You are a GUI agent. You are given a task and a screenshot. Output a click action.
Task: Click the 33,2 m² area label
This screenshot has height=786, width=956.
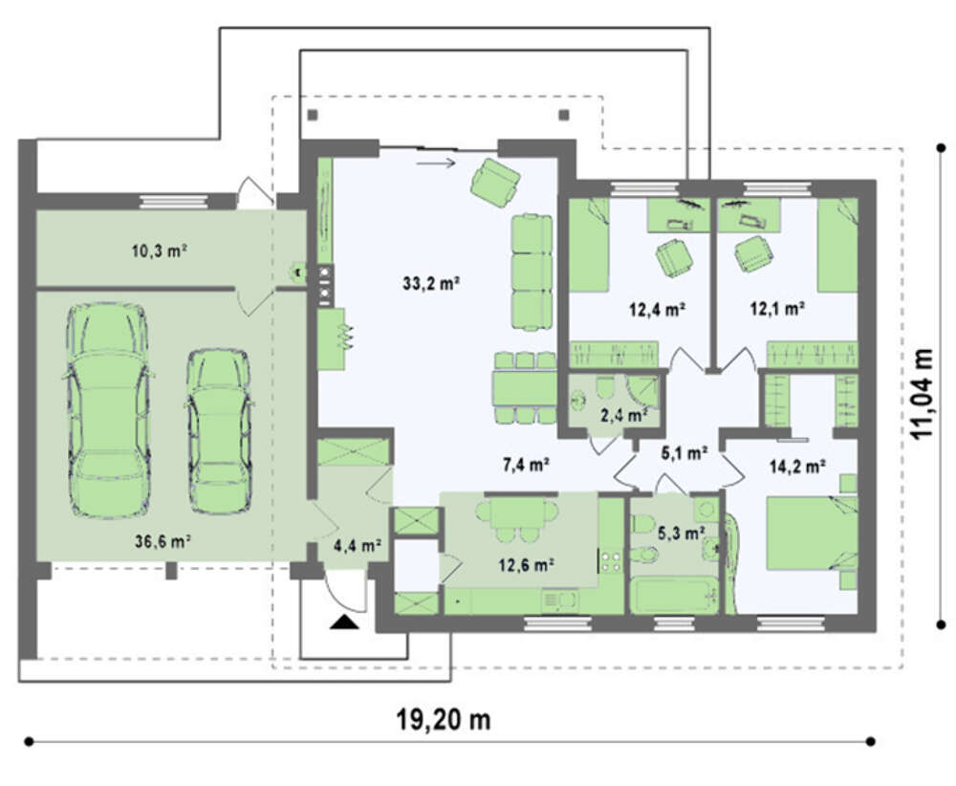pyautogui.click(x=430, y=283)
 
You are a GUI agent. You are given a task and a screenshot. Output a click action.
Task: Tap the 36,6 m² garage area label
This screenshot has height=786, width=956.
pyautogui.click(x=163, y=541)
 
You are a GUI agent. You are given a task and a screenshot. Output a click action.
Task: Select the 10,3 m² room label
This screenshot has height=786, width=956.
pyautogui.click(x=159, y=250)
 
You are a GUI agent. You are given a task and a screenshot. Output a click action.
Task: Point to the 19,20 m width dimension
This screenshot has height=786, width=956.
pyautogui.click(x=444, y=720)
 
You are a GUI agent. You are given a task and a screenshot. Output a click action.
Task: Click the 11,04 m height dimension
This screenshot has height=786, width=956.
pyautogui.click(x=922, y=393)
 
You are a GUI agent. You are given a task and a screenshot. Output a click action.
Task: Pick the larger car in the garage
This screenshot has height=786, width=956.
pyautogui.click(x=108, y=410)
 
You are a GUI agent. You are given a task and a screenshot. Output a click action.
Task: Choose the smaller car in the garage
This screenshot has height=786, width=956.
pyautogui.click(x=218, y=430)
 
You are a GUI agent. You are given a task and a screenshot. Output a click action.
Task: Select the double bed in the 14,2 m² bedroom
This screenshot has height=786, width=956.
pyautogui.click(x=812, y=533)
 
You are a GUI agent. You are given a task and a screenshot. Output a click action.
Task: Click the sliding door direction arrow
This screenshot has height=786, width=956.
pyautogui.click(x=436, y=163)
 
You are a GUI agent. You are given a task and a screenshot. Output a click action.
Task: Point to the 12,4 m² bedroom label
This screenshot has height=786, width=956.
pyautogui.click(x=657, y=309)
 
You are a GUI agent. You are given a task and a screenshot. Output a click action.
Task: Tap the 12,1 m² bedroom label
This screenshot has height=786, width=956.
pyautogui.click(x=776, y=309)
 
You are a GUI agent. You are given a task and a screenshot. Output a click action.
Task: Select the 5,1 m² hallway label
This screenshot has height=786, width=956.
pyautogui.click(x=684, y=452)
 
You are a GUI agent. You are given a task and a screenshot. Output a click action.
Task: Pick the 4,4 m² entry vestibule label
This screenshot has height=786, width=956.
pyautogui.click(x=358, y=545)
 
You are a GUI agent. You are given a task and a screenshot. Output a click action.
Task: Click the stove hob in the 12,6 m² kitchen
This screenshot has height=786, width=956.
pyautogui.click(x=611, y=561)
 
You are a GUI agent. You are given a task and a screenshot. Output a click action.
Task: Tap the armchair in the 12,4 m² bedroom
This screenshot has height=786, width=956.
pyautogui.click(x=674, y=256)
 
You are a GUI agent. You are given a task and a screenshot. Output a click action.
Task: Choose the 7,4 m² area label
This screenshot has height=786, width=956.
pyautogui.click(x=526, y=465)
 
